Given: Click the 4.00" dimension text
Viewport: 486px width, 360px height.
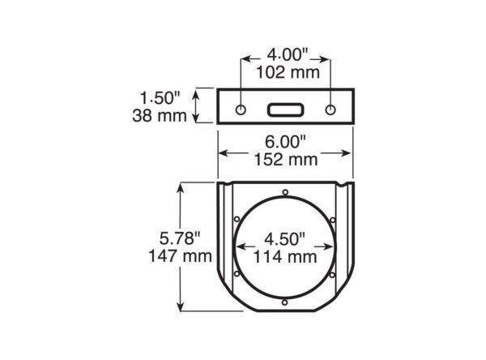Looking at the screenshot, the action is (288, 55).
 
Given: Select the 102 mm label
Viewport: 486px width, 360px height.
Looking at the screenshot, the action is (288, 73).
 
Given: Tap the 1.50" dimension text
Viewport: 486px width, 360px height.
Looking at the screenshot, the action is (160, 98).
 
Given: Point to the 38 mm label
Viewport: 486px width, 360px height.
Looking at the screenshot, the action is (160, 116).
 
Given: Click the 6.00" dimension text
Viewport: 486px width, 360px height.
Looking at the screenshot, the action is (285, 142).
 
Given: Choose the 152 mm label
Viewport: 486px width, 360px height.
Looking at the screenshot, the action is (286, 160).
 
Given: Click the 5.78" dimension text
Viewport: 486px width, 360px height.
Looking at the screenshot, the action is (180, 238).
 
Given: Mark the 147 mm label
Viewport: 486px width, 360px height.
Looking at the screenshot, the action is (180, 256).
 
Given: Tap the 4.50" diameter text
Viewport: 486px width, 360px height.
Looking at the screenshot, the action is (284, 239).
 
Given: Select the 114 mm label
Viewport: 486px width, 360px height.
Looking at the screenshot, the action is (285, 257).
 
